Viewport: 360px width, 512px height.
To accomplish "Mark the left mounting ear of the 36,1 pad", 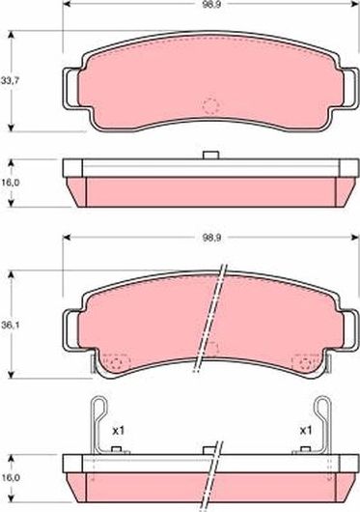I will point(69,331).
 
